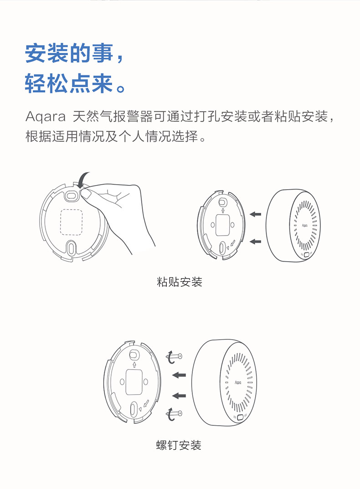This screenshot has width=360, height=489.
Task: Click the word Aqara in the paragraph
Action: [x=46, y=117]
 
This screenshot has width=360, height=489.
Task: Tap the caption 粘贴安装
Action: [x=180, y=282]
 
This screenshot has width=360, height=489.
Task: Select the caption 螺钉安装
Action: [x=179, y=445]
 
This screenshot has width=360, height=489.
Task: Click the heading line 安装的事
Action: [x=69, y=53]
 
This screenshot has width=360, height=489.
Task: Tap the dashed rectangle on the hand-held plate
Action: [x=71, y=222]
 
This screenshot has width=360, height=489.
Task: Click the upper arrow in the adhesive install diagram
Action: [x=256, y=214]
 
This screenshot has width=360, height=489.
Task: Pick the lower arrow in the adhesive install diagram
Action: [x=256, y=242]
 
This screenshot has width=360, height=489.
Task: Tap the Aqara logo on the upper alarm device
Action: [x=305, y=225]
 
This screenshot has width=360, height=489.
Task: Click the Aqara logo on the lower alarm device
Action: [x=238, y=382]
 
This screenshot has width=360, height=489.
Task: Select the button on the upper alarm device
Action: [x=307, y=255]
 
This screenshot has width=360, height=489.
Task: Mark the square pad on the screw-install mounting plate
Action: [x=134, y=382]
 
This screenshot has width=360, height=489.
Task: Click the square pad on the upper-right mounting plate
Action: [x=223, y=225]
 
